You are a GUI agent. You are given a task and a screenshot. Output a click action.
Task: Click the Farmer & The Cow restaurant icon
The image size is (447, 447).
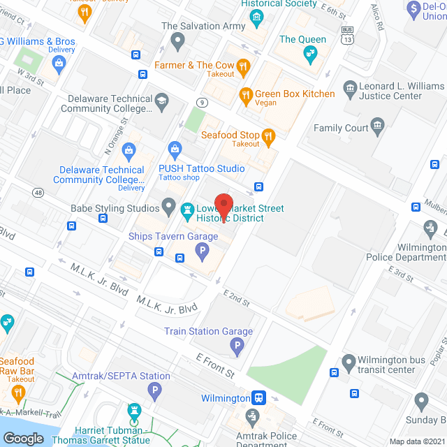click(x=243, y=66)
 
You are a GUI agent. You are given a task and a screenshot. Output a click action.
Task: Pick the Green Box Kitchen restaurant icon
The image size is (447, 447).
click(x=246, y=94)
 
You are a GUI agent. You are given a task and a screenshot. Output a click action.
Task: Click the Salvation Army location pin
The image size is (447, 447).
click(x=178, y=42)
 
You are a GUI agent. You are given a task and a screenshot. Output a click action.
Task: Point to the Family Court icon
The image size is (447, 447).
click(x=378, y=127)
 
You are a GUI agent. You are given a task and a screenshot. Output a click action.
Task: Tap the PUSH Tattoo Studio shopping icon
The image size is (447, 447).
click(x=175, y=149)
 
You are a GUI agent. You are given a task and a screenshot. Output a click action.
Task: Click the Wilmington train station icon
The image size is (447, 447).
click(x=259, y=397)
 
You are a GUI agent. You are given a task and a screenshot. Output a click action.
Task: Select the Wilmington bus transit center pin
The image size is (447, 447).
click(x=349, y=363)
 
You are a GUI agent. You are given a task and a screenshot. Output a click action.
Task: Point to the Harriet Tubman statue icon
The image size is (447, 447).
click(x=133, y=411)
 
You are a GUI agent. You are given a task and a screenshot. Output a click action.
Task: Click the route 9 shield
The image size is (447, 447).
click(x=202, y=103)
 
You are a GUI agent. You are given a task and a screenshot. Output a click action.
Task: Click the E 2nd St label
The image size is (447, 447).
click(x=237, y=299)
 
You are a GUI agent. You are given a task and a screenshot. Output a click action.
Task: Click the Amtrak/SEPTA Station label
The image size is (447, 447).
click(x=126, y=376)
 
